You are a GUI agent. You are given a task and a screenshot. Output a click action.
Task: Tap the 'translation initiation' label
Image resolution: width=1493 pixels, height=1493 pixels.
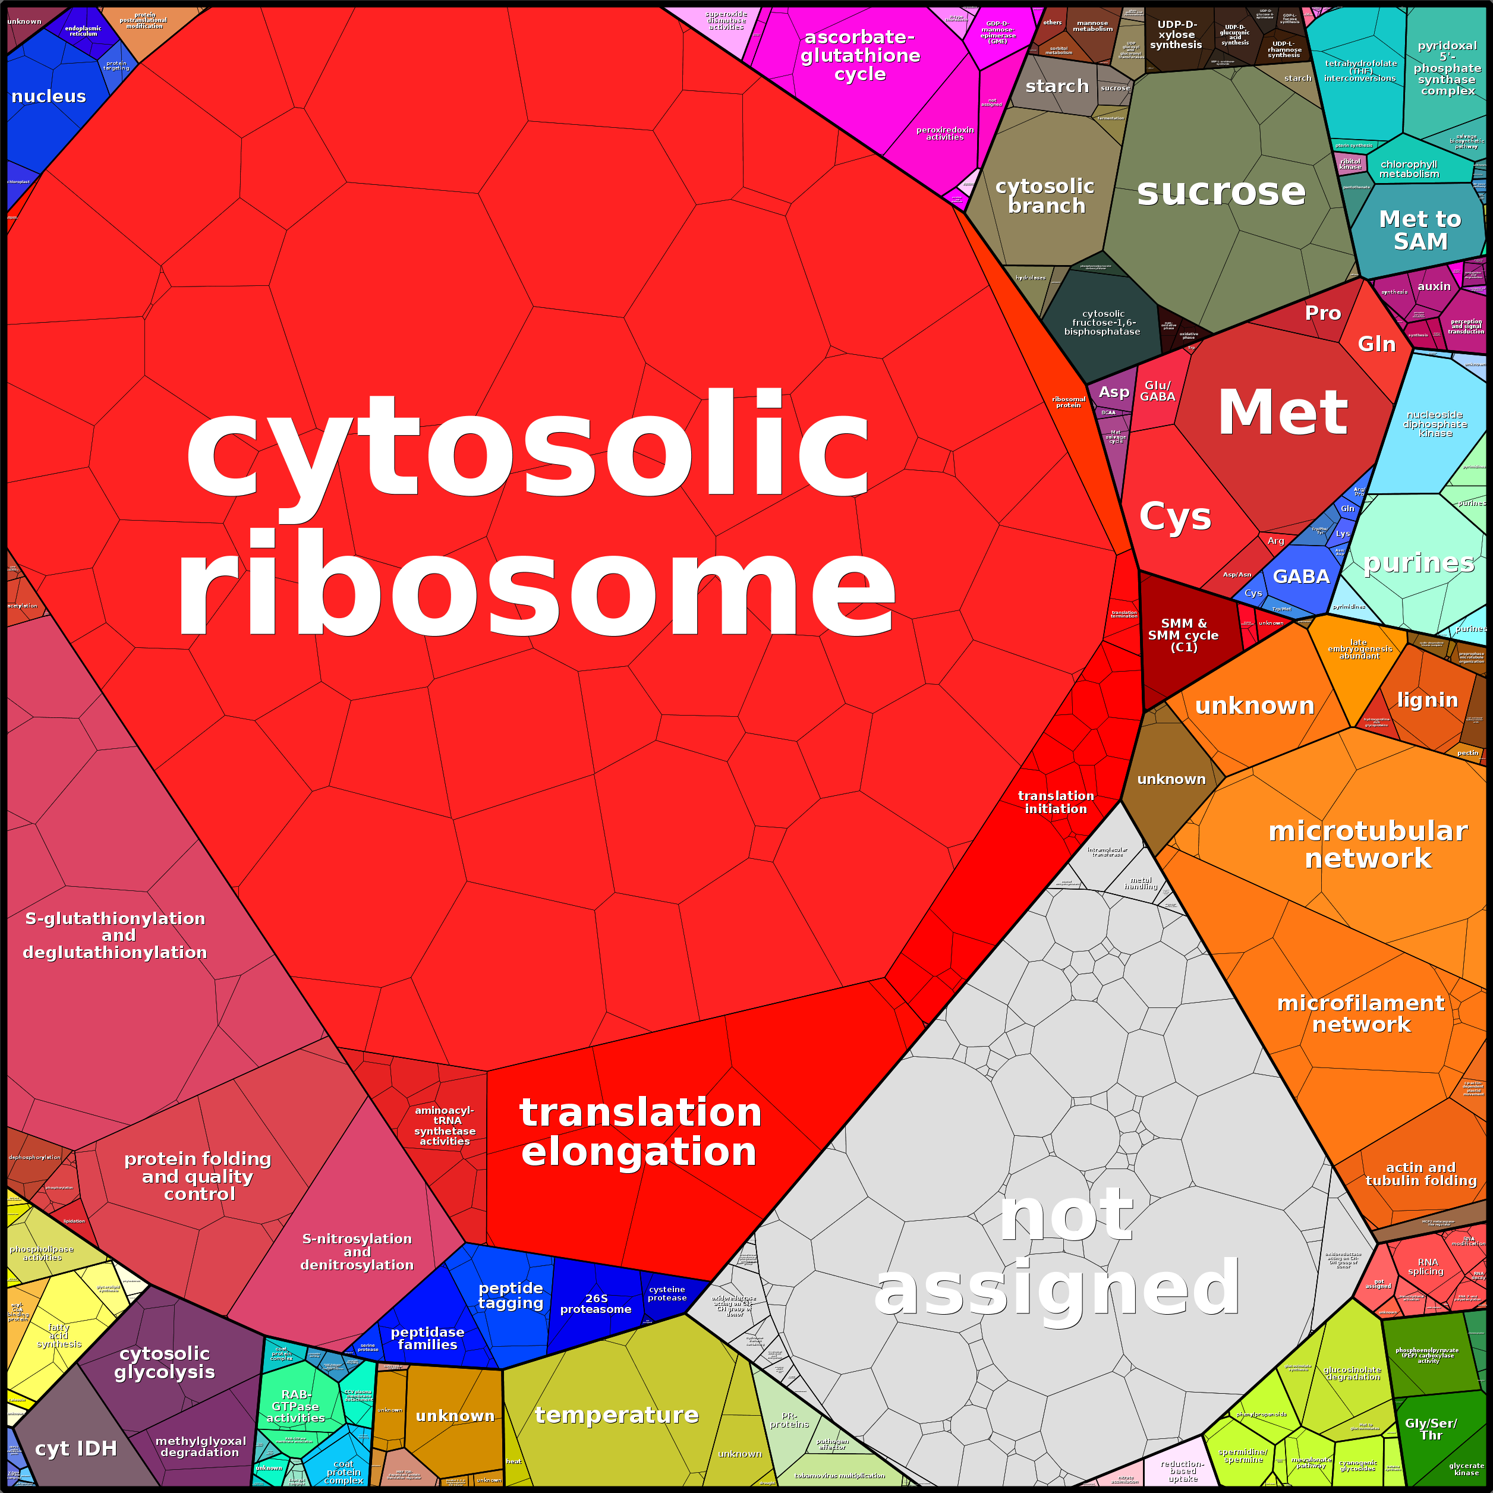(1056, 802)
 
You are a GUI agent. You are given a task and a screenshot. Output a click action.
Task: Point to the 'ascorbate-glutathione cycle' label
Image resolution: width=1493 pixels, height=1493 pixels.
(860, 56)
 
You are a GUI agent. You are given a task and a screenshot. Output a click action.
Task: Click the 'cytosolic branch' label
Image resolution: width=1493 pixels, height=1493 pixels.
(1045, 196)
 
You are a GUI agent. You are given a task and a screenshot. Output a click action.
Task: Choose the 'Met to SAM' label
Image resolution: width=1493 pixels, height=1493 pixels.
(1420, 230)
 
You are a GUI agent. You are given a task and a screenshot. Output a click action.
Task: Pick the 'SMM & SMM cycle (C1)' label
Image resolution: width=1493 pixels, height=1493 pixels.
(1183, 635)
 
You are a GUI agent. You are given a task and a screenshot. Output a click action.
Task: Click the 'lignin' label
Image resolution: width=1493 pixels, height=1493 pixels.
(1427, 700)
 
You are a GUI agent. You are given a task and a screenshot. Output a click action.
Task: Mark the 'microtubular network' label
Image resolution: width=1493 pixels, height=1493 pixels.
(1368, 845)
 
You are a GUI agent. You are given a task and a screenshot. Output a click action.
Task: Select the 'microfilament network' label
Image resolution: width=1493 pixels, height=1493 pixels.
(1361, 1013)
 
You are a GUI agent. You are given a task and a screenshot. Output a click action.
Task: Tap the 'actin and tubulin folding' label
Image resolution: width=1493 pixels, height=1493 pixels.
(1421, 1174)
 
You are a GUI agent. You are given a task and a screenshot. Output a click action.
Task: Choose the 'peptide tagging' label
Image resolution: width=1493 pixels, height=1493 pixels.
(511, 1295)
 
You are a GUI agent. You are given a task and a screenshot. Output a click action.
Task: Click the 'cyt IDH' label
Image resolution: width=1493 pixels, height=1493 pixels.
(75, 1449)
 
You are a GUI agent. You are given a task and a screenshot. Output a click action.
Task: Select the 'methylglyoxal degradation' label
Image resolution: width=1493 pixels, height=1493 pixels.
(200, 1447)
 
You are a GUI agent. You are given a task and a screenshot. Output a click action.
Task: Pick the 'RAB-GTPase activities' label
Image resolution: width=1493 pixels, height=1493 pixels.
(296, 1406)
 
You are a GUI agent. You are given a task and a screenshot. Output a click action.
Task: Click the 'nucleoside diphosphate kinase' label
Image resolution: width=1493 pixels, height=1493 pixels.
(1435, 424)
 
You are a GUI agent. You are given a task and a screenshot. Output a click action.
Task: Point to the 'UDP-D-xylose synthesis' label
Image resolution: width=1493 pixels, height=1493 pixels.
(1176, 35)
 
